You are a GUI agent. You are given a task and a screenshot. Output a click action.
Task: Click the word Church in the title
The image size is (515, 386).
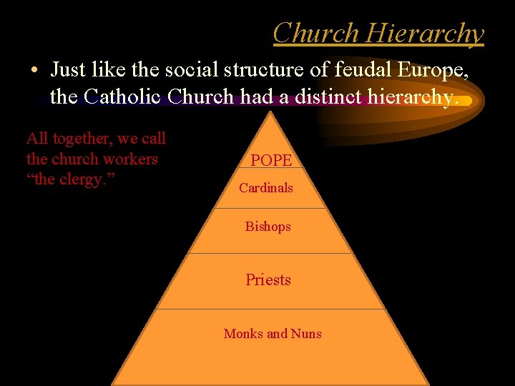[x=315, y=33]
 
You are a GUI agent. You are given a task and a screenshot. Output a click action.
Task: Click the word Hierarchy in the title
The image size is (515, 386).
[x=425, y=34]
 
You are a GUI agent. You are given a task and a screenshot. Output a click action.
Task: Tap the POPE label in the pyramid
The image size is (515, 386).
[x=271, y=161]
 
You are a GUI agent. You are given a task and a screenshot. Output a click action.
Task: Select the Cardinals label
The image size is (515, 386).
[x=266, y=188]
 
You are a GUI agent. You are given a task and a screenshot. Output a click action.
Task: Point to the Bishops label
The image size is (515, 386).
[x=268, y=227]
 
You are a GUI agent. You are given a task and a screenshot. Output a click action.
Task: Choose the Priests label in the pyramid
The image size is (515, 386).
[x=268, y=279]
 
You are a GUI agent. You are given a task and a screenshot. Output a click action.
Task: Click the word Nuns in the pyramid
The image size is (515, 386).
[x=305, y=334]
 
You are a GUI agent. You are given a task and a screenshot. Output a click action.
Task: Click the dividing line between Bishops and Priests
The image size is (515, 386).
[x=270, y=253]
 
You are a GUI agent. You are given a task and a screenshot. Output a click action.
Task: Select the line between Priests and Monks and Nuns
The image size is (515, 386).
[x=270, y=309]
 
